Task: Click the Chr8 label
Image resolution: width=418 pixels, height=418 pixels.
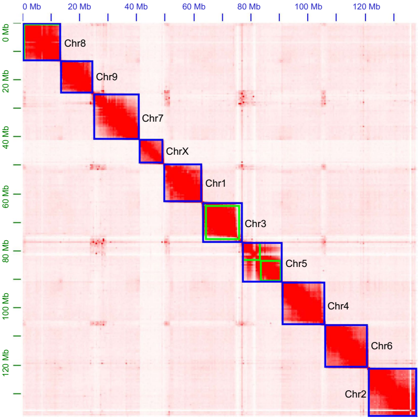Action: click(75, 43)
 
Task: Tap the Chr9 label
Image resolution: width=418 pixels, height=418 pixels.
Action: click(107, 77)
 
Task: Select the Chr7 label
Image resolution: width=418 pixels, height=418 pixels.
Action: click(153, 118)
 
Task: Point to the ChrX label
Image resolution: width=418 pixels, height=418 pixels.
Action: click(177, 152)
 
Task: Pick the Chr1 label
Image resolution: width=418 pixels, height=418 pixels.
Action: click(215, 184)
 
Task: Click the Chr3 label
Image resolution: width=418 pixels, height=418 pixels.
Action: click(256, 223)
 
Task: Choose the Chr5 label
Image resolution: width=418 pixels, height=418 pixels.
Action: click(296, 263)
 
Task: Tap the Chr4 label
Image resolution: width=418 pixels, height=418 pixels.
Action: click(338, 304)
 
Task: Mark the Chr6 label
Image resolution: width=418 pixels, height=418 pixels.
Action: click(382, 346)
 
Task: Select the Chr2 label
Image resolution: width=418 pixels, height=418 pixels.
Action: click(356, 393)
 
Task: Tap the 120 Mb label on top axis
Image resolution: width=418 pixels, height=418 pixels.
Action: click(367, 6)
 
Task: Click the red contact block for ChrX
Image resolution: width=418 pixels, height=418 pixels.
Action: click(151, 151)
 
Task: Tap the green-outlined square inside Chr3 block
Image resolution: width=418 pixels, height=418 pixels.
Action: click(222, 222)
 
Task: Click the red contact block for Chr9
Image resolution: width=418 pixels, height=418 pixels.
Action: click(77, 77)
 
